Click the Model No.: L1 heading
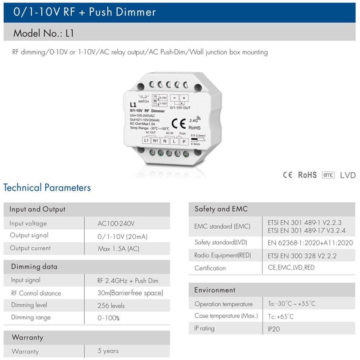pos(44,33)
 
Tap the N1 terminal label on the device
pos(155,140)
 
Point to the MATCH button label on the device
pos(144,102)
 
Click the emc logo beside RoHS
pos(328,175)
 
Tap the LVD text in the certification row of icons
pos(348,175)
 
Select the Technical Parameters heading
pos(47,188)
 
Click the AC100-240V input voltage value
pos(116,224)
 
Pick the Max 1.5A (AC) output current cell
pos(118,249)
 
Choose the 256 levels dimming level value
pos(111,306)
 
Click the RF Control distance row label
pos(36,293)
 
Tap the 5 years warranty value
pos(108,351)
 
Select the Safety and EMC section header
pos(221,209)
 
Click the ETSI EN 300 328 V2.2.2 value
pos(302,256)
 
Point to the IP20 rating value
pos(274,329)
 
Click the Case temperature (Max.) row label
pos(226,316)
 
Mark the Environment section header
pos(215,290)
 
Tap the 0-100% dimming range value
pos(108,318)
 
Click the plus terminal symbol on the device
pos(184,98)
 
